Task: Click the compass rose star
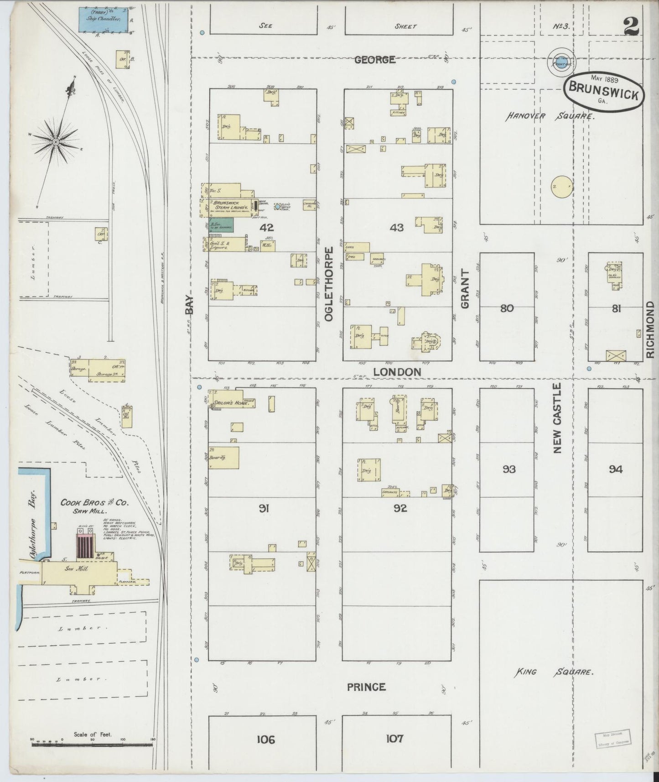56,142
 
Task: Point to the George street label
374,59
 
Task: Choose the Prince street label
366,687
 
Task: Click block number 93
509,469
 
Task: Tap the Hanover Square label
550,117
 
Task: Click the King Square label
554,672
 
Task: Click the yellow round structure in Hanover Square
561,187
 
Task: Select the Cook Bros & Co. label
95,503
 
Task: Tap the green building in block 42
221,224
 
